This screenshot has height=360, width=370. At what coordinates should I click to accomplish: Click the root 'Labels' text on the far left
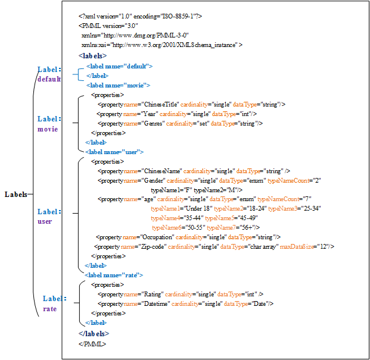coord(15,195)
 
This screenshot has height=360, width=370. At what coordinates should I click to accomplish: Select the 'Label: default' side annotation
coord(49,74)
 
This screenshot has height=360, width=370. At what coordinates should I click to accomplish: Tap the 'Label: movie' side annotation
coord(48,124)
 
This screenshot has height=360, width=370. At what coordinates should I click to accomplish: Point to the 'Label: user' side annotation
coord(48,217)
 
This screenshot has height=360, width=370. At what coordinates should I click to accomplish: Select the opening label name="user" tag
coord(114,152)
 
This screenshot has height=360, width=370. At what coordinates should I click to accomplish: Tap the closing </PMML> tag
coord(92,343)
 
